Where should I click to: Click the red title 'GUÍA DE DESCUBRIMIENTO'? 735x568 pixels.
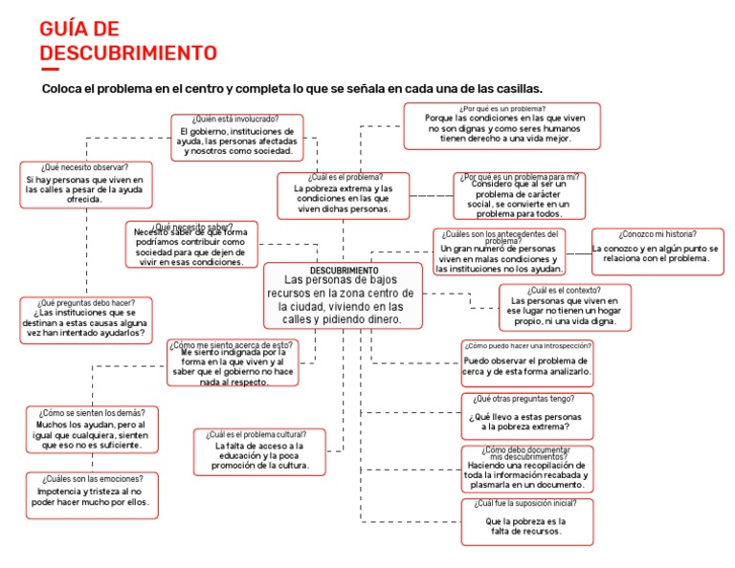tap(128, 40)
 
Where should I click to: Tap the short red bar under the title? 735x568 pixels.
tap(50, 68)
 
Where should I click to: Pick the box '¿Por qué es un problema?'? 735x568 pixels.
tap(501, 126)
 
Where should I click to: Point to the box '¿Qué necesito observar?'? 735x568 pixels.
tap(84, 184)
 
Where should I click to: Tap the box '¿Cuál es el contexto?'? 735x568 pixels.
tap(565, 307)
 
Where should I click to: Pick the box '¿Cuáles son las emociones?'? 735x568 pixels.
tap(92, 494)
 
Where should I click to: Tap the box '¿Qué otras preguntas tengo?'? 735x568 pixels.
tap(525, 416)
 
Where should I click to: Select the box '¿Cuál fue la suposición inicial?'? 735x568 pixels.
tap(525, 521)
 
